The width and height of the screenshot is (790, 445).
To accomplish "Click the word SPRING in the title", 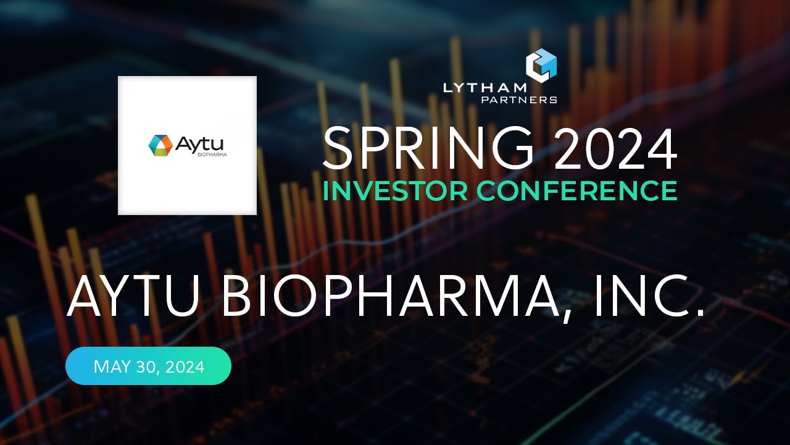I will (x=428, y=149).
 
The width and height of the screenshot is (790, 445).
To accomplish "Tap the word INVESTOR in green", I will (x=396, y=191).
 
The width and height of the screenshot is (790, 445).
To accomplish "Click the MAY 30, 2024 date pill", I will (x=148, y=367).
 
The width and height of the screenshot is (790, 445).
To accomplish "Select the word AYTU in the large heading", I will (x=134, y=299).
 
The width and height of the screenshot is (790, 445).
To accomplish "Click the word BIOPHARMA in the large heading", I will (x=389, y=299).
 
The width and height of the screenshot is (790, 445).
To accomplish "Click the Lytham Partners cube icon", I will (x=541, y=65).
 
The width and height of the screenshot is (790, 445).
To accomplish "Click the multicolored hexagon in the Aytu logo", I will (x=160, y=145).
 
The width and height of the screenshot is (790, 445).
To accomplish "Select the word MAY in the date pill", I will (x=110, y=367).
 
